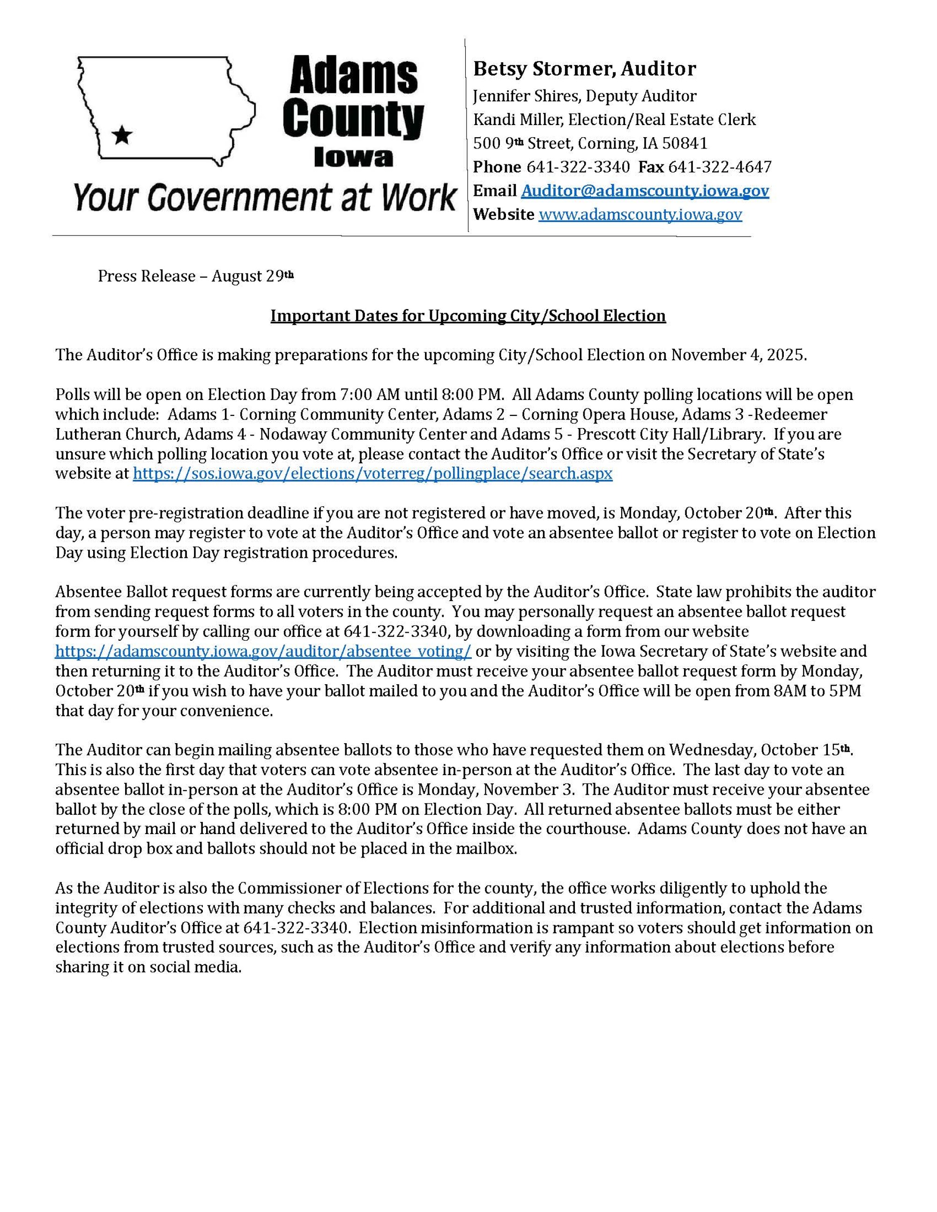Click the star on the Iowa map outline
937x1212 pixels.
pos(122,134)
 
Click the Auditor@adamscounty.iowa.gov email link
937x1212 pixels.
pos(645,191)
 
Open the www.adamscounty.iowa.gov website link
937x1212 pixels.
pos(640,215)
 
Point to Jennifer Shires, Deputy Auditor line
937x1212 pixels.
pos(584,96)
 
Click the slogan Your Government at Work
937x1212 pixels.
pos(264,198)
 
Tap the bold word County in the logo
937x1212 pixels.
pos(353,118)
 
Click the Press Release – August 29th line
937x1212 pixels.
pos(195,276)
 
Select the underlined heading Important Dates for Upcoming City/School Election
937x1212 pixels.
pos(468,316)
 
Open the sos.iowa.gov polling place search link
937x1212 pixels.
pos(372,474)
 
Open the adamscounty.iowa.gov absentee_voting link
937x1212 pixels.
pos(263,651)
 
